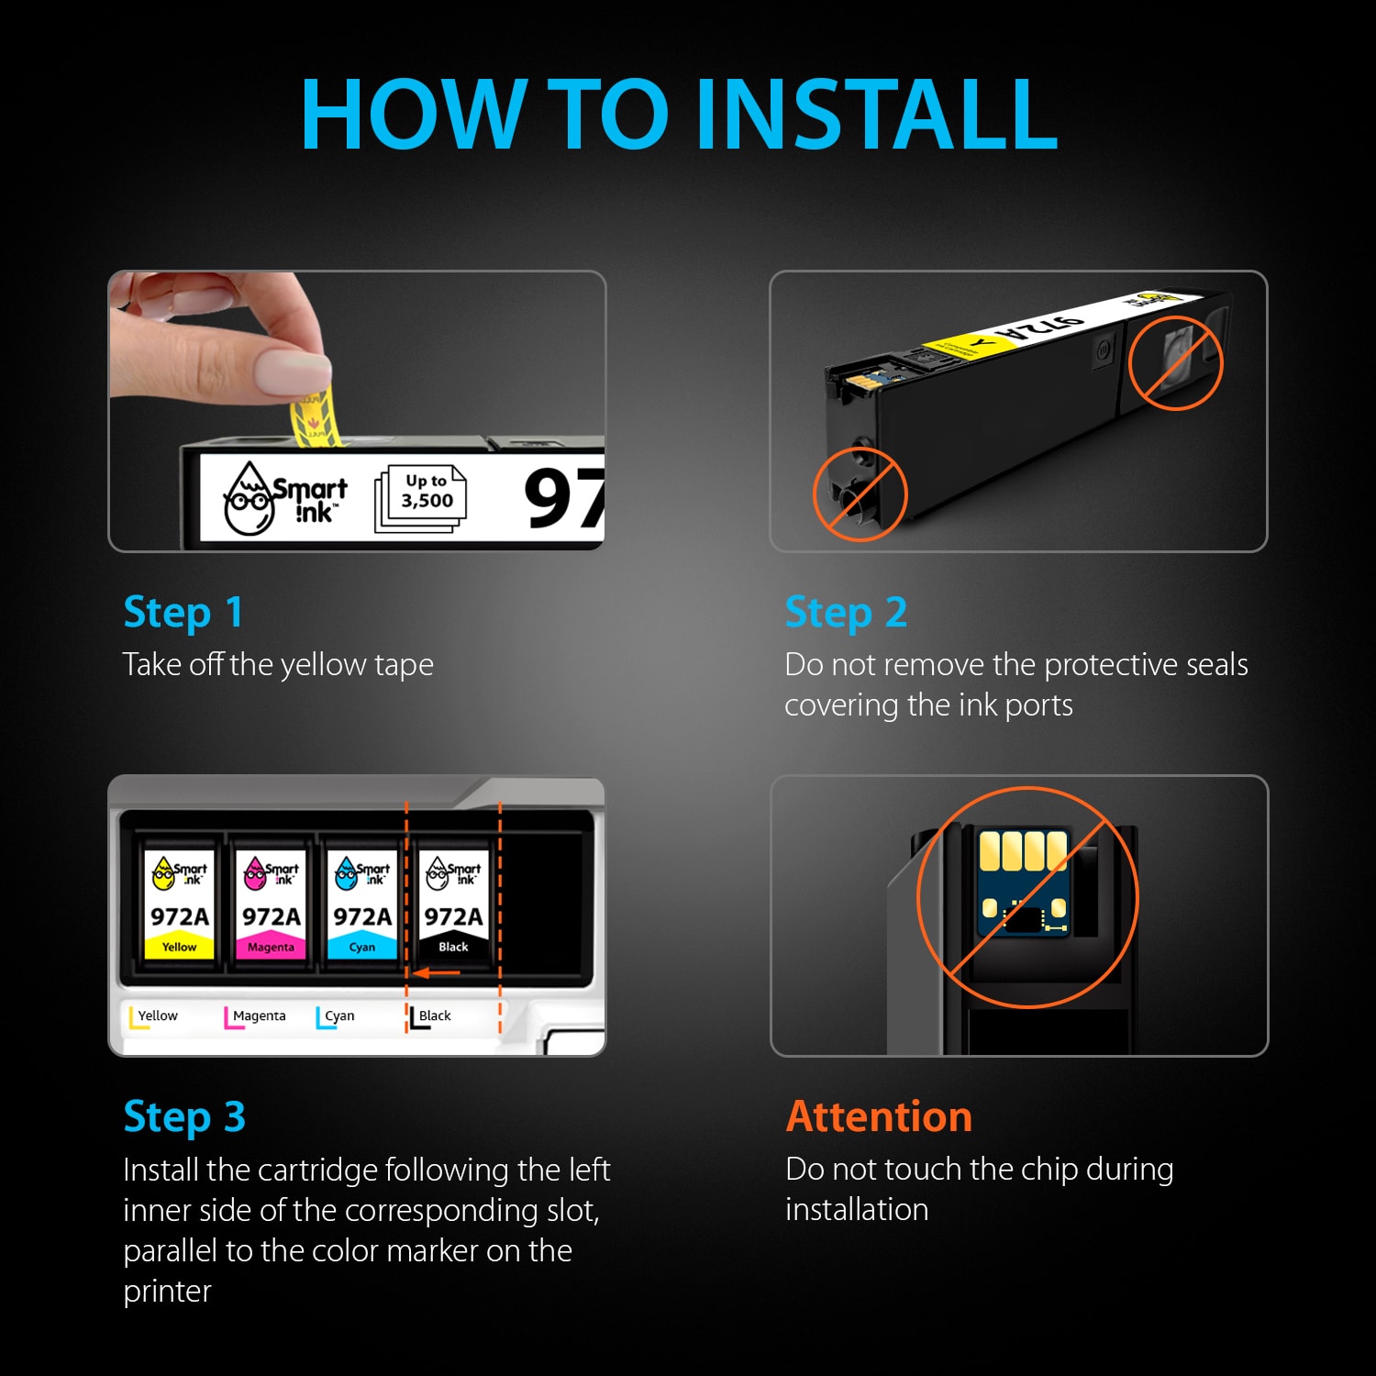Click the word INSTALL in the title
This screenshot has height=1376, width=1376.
(x=877, y=114)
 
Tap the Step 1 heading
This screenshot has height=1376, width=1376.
(x=183, y=613)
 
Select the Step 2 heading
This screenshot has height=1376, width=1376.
(x=846, y=613)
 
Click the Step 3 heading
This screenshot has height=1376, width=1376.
(x=184, y=1117)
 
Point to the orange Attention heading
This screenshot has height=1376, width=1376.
(x=879, y=1116)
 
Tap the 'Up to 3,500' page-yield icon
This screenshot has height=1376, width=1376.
(x=421, y=498)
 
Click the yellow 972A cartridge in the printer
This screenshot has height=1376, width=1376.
(x=180, y=904)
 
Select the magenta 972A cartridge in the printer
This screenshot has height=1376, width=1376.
(x=271, y=904)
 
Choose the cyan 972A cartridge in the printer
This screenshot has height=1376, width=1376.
(x=361, y=904)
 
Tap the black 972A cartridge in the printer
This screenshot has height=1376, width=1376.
(x=453, y=904)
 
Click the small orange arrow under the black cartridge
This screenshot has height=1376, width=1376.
(x=436, y=972)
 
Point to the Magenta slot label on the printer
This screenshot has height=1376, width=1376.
(x=255, y=1016)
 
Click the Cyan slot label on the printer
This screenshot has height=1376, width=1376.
(x=336, y=1016)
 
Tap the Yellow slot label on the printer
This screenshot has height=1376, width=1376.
(x=153, y=1016)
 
